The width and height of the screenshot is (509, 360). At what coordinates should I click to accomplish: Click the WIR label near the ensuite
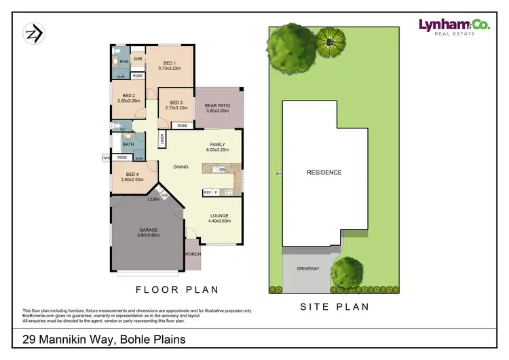(137, 58)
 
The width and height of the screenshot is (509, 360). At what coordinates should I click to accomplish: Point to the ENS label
(124, 62)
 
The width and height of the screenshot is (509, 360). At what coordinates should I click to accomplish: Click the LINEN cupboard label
(163, 139)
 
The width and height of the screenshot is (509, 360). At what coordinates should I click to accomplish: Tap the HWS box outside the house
(105, 158)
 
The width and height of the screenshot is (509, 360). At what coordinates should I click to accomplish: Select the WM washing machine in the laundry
(164, 196)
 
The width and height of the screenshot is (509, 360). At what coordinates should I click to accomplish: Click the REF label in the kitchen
(207, 193)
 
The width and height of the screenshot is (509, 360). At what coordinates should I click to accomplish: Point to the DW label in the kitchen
(222, 170)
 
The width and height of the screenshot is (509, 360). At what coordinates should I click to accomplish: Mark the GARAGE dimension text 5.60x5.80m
(149, 235)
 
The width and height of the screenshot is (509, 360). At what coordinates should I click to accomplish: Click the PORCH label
(192, 254)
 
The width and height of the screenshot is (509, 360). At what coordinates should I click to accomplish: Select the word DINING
(181, 166)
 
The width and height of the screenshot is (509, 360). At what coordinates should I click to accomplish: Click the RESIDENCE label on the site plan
(324, 172)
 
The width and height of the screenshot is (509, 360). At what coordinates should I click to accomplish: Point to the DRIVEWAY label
(307, 268)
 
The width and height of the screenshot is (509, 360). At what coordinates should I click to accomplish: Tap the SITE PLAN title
(335, 307)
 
